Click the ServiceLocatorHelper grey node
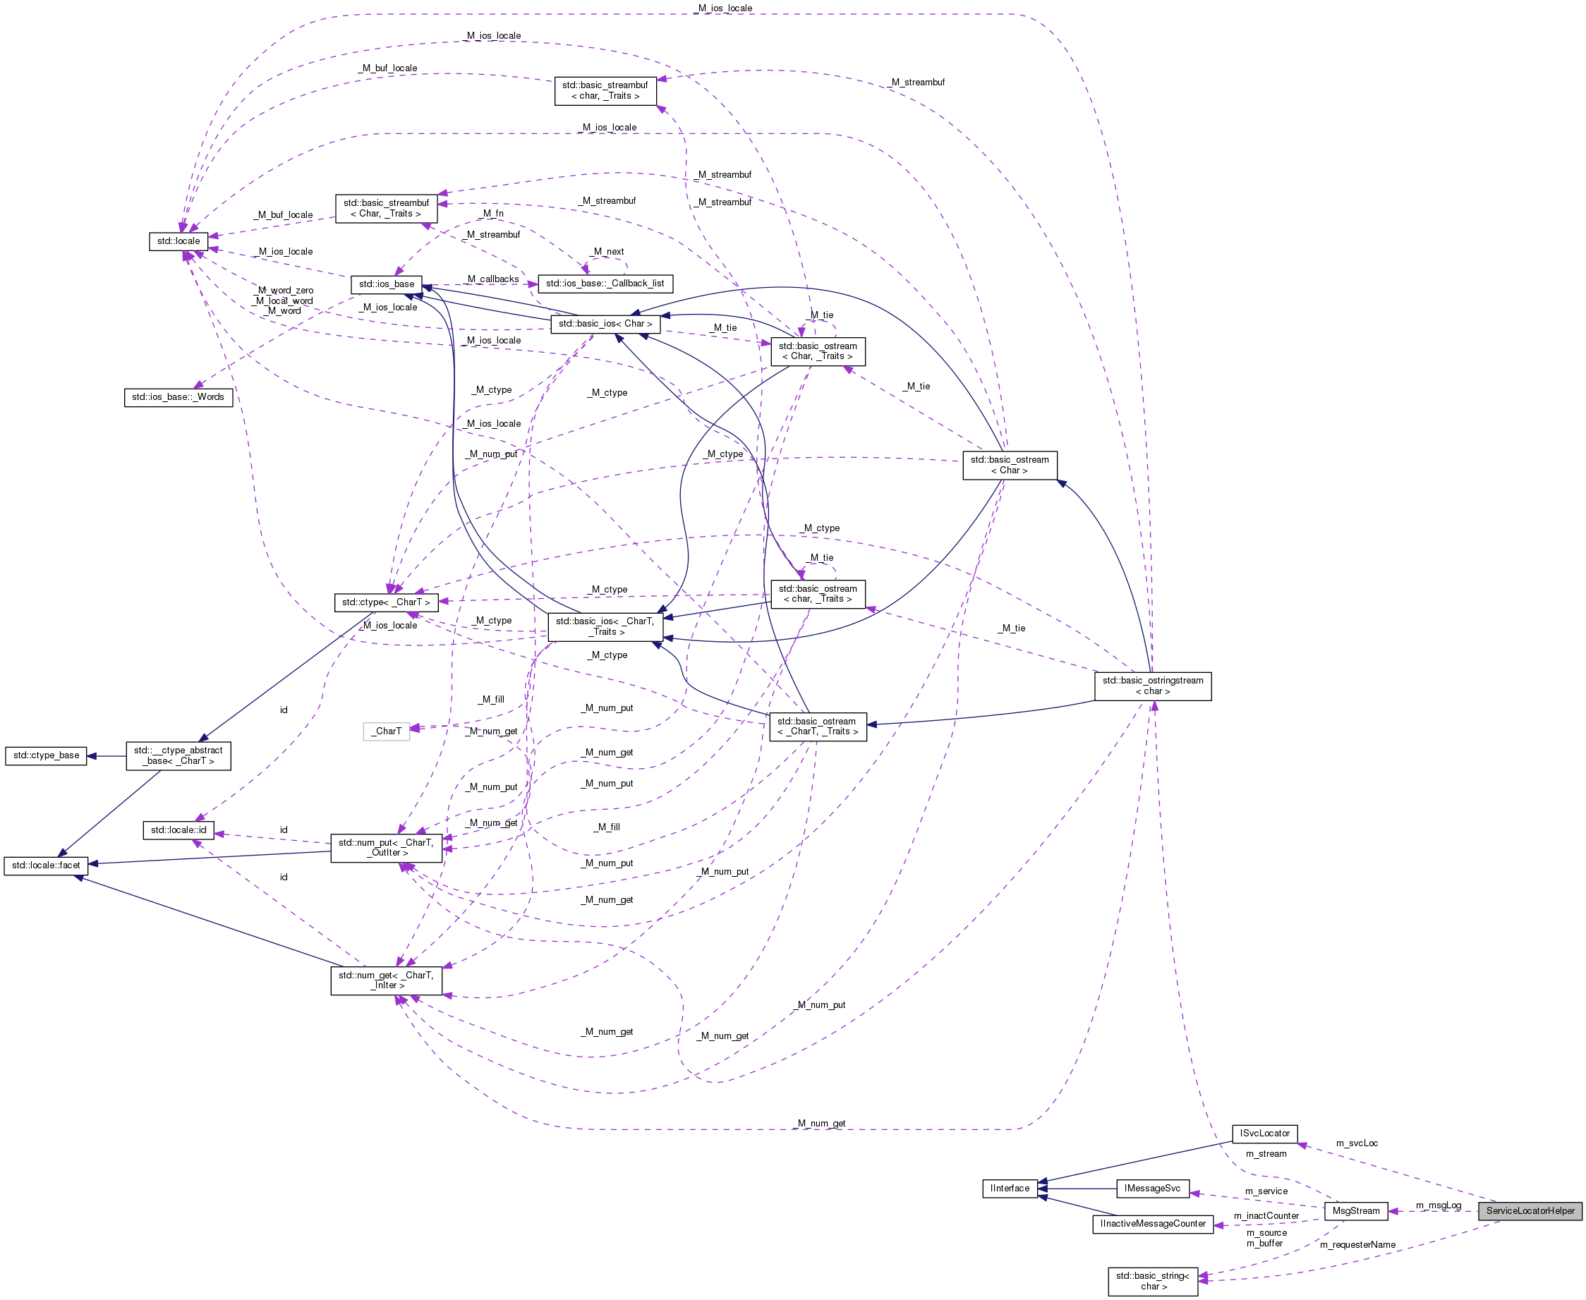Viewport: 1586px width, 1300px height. point(1530,1211)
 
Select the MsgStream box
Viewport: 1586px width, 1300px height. point(1355,1211)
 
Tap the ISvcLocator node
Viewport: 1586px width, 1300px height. point(1264,1133)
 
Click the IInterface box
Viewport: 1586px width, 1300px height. point(1010,1189)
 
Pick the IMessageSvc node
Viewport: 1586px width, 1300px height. point(1151,1189)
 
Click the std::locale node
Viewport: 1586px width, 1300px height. point(178,241)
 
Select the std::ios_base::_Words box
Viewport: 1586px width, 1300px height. point(178,397)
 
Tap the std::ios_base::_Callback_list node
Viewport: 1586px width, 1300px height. point(605,284)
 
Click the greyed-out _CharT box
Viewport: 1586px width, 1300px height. point(387,731)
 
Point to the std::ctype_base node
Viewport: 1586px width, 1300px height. point(46,755)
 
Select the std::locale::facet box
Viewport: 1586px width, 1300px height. point(46,865)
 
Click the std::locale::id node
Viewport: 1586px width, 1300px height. point(178,830)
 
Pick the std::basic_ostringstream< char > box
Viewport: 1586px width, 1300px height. point(1152,686)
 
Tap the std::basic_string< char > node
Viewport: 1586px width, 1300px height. point(1152,1280)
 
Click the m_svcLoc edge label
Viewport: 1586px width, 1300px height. point(1356,1143)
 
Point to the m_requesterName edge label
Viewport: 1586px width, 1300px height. point(1357,1244)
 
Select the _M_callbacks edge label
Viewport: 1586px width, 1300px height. point(492,279)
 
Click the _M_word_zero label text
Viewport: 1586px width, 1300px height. point(285,291)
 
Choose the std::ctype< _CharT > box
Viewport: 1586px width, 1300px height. point(386,602)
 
